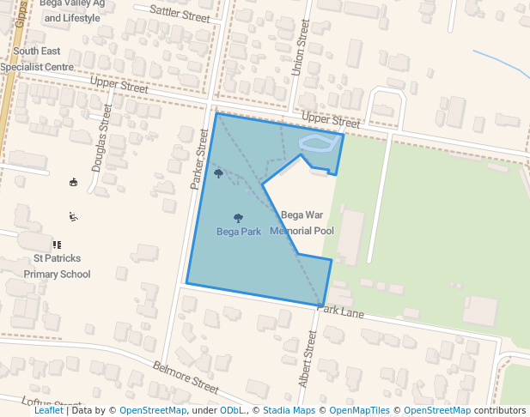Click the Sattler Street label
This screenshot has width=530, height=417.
pos(180,12)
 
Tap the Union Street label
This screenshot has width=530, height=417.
pos(299,48)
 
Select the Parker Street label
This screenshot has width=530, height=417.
pos(198,160)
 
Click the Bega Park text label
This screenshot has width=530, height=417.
pos(239,232)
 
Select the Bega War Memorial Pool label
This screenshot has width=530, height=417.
pos(302,223)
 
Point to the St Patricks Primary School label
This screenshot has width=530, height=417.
pos(58,266)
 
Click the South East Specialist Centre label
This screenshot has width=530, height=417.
pos(37,58)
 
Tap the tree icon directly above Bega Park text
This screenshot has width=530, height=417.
pos(238,218)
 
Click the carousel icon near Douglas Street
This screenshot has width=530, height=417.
pos(74,182)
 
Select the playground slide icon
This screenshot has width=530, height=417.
pos(74,216)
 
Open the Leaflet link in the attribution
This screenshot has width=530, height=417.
pos(49,411)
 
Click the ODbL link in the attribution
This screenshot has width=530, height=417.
pos(232,411)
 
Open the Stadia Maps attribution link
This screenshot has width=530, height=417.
pos(289,411)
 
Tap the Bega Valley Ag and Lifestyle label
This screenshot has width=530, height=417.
pos(72,10)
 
